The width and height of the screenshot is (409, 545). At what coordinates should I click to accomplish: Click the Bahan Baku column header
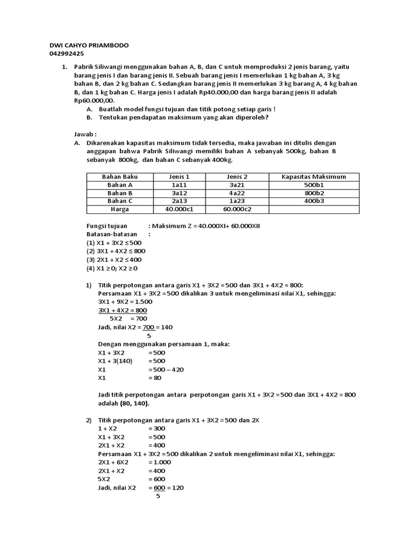click(x=120, y=177)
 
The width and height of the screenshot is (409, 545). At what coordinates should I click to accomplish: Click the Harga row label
click(x=120, y=210)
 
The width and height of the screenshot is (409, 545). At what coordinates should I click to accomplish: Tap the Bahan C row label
click(x=120, y=201)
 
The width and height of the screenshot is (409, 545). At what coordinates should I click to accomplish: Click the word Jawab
click(x=86, y=135)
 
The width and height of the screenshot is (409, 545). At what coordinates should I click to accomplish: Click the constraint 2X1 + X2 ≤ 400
click(x=115, y=259)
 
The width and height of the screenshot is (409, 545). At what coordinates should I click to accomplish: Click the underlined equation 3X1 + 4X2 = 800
click(x=123, y=310)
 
